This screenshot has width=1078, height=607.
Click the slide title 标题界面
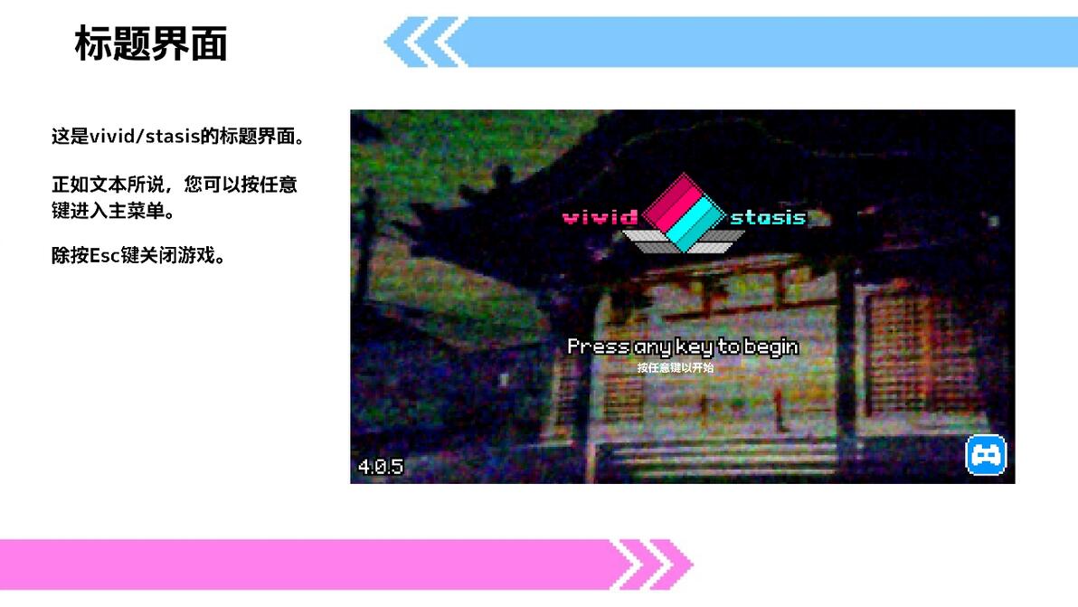click(x=150, y=43)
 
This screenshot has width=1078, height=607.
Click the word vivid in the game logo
click(x=600, y=217)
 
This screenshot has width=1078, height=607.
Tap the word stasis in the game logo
click(x=768, y=217)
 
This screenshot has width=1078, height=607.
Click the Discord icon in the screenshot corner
click(x=986, y=455)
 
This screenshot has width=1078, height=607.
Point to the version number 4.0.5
click(x=380, y=467)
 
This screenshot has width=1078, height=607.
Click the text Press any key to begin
click(x=683, y=346)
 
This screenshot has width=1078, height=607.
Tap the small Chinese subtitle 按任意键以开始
click(x=675, y=368)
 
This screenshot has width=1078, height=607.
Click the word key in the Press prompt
click(x=693, y=346)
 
